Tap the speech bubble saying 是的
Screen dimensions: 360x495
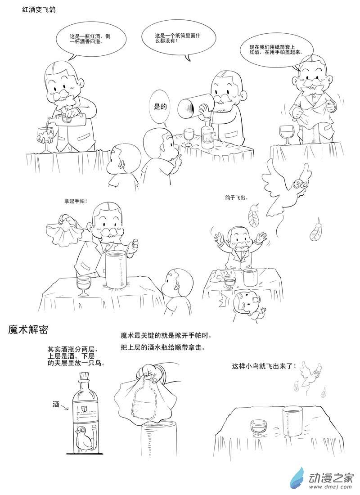click(161, 107)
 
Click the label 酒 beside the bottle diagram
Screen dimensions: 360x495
click(56, 404)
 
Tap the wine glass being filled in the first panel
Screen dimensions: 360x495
click(45, 135)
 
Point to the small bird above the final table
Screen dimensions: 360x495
click(310, 373)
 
